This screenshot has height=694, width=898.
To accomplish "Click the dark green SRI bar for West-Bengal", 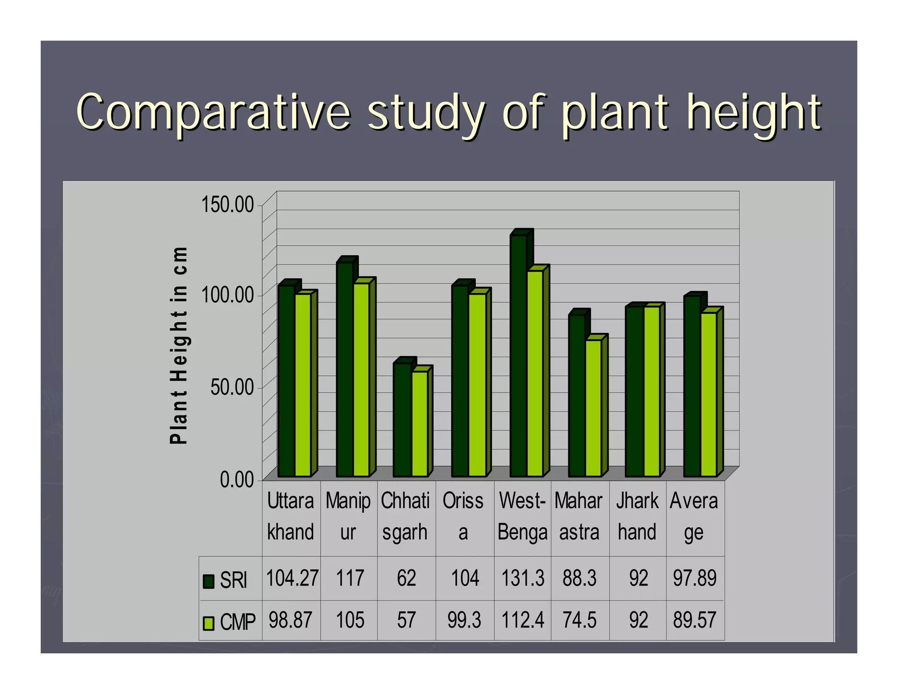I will tap(518, 355).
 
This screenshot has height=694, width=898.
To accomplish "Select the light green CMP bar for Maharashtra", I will tap(593, 408).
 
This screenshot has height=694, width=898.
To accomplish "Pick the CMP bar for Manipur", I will tap(361, 380).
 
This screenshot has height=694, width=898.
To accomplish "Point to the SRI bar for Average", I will tap(692, 386).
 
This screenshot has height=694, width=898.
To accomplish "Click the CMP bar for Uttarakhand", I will tap(303, 385).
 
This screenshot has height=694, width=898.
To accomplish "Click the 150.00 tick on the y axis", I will tap(228, 205).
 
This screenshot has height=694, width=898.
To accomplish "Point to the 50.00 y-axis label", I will tap(232, 387).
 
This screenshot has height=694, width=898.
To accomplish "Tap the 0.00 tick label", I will tap(237, 479).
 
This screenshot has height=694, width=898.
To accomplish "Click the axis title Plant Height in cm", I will tap(179, 345).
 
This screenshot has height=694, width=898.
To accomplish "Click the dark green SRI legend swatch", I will tap(208, 581).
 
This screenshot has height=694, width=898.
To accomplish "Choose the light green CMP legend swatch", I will tap(208, 623).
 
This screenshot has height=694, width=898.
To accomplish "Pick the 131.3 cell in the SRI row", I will tap(523, 578).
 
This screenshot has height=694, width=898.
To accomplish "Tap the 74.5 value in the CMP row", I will tap(580, 620).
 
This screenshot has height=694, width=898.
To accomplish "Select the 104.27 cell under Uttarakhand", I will tap(292, 578).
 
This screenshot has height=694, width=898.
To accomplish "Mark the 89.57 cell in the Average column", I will tap(695, 620).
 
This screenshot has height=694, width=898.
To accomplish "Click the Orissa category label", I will tap(463, 517).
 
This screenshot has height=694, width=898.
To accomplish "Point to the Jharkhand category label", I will tap(637, 517).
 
